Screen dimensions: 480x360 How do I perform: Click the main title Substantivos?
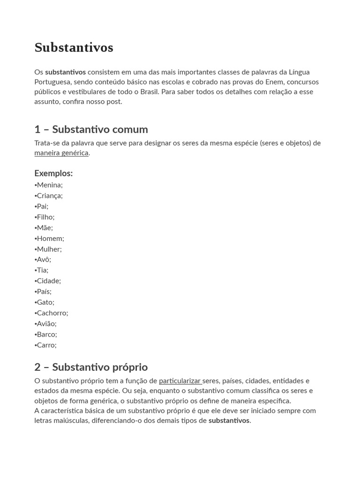[74, 48]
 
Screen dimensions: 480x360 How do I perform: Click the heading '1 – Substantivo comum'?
[91, 129]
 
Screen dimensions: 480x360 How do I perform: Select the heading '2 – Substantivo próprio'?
[91, 367]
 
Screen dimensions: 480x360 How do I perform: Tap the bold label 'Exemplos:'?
[53, 173]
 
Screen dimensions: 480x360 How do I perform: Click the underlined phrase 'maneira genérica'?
[61, 153]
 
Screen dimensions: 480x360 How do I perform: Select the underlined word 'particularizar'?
[180, 381]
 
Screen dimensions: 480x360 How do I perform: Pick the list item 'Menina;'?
[49, 185]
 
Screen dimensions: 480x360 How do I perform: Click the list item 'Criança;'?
[49, 196]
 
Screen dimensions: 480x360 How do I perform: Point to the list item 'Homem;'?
[50, 239]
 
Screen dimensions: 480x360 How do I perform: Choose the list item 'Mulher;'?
[49, 249]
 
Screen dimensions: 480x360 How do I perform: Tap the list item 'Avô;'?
[44, 260]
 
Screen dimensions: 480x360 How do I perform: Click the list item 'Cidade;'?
[48, 281]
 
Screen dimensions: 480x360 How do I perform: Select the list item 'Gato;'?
[45, 302]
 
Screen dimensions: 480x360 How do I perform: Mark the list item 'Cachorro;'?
[52, 313]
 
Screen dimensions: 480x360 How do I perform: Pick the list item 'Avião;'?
[46, 324]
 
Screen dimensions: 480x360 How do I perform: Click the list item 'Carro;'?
[46, 345]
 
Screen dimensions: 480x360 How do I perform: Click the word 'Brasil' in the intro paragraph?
[149, 92]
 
